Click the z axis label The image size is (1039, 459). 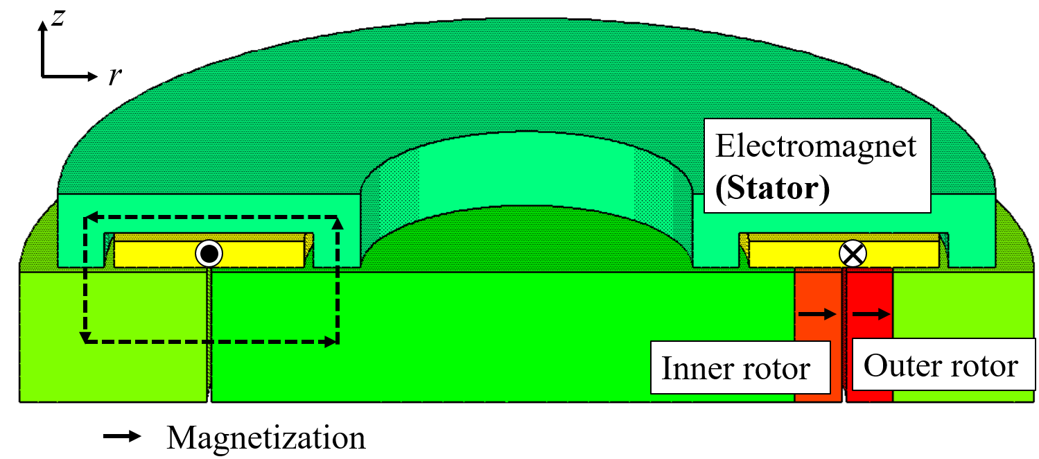pyautogui.click(x=59, y=17)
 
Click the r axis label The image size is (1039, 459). pyautogui.click(x=115, y=76)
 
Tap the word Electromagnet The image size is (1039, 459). pyautogui.click(x=816, y=146)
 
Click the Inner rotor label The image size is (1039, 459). pyautogui.click(x=735, y=368)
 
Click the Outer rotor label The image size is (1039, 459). pyautogui.click(x=941, y=365)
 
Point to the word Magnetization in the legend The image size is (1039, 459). pyautogui.click(x=266, y=438)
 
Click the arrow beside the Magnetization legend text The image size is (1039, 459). pyautogui.click(x=122, y=437)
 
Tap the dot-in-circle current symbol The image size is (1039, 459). pyautogui.click(x=208, y=254)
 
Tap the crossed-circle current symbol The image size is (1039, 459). pyautogui.click(x=853, y=254)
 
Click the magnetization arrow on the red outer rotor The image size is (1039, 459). pyautogui.click(x=871, y=314)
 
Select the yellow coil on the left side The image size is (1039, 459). pyautogui.click(x=159, y=254)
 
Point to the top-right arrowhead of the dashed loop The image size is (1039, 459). pyautogui.click(x=338, y=223)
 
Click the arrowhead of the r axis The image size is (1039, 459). pyautogui.click(x=94, y=75)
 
